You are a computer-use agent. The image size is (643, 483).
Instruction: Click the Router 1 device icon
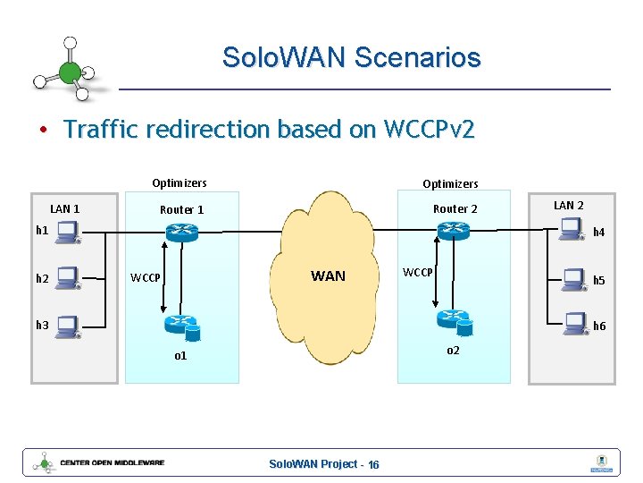(181, 231)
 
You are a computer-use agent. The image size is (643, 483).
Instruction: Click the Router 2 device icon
(454, 231)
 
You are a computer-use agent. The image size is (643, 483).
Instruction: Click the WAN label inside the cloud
(328, 275)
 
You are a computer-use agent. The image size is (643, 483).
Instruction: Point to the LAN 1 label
(64, 209)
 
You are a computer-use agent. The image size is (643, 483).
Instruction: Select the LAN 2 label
(569, 206)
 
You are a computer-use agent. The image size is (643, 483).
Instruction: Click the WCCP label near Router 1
(146, 277)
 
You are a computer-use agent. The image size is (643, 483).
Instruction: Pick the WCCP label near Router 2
(418, 271)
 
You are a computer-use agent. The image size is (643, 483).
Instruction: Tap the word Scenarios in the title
(417, 58)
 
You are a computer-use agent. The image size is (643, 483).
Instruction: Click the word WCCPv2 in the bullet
(428, 130)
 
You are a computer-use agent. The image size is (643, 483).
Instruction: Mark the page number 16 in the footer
(373, 464)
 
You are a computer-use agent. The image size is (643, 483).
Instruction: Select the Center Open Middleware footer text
(113, 463)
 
